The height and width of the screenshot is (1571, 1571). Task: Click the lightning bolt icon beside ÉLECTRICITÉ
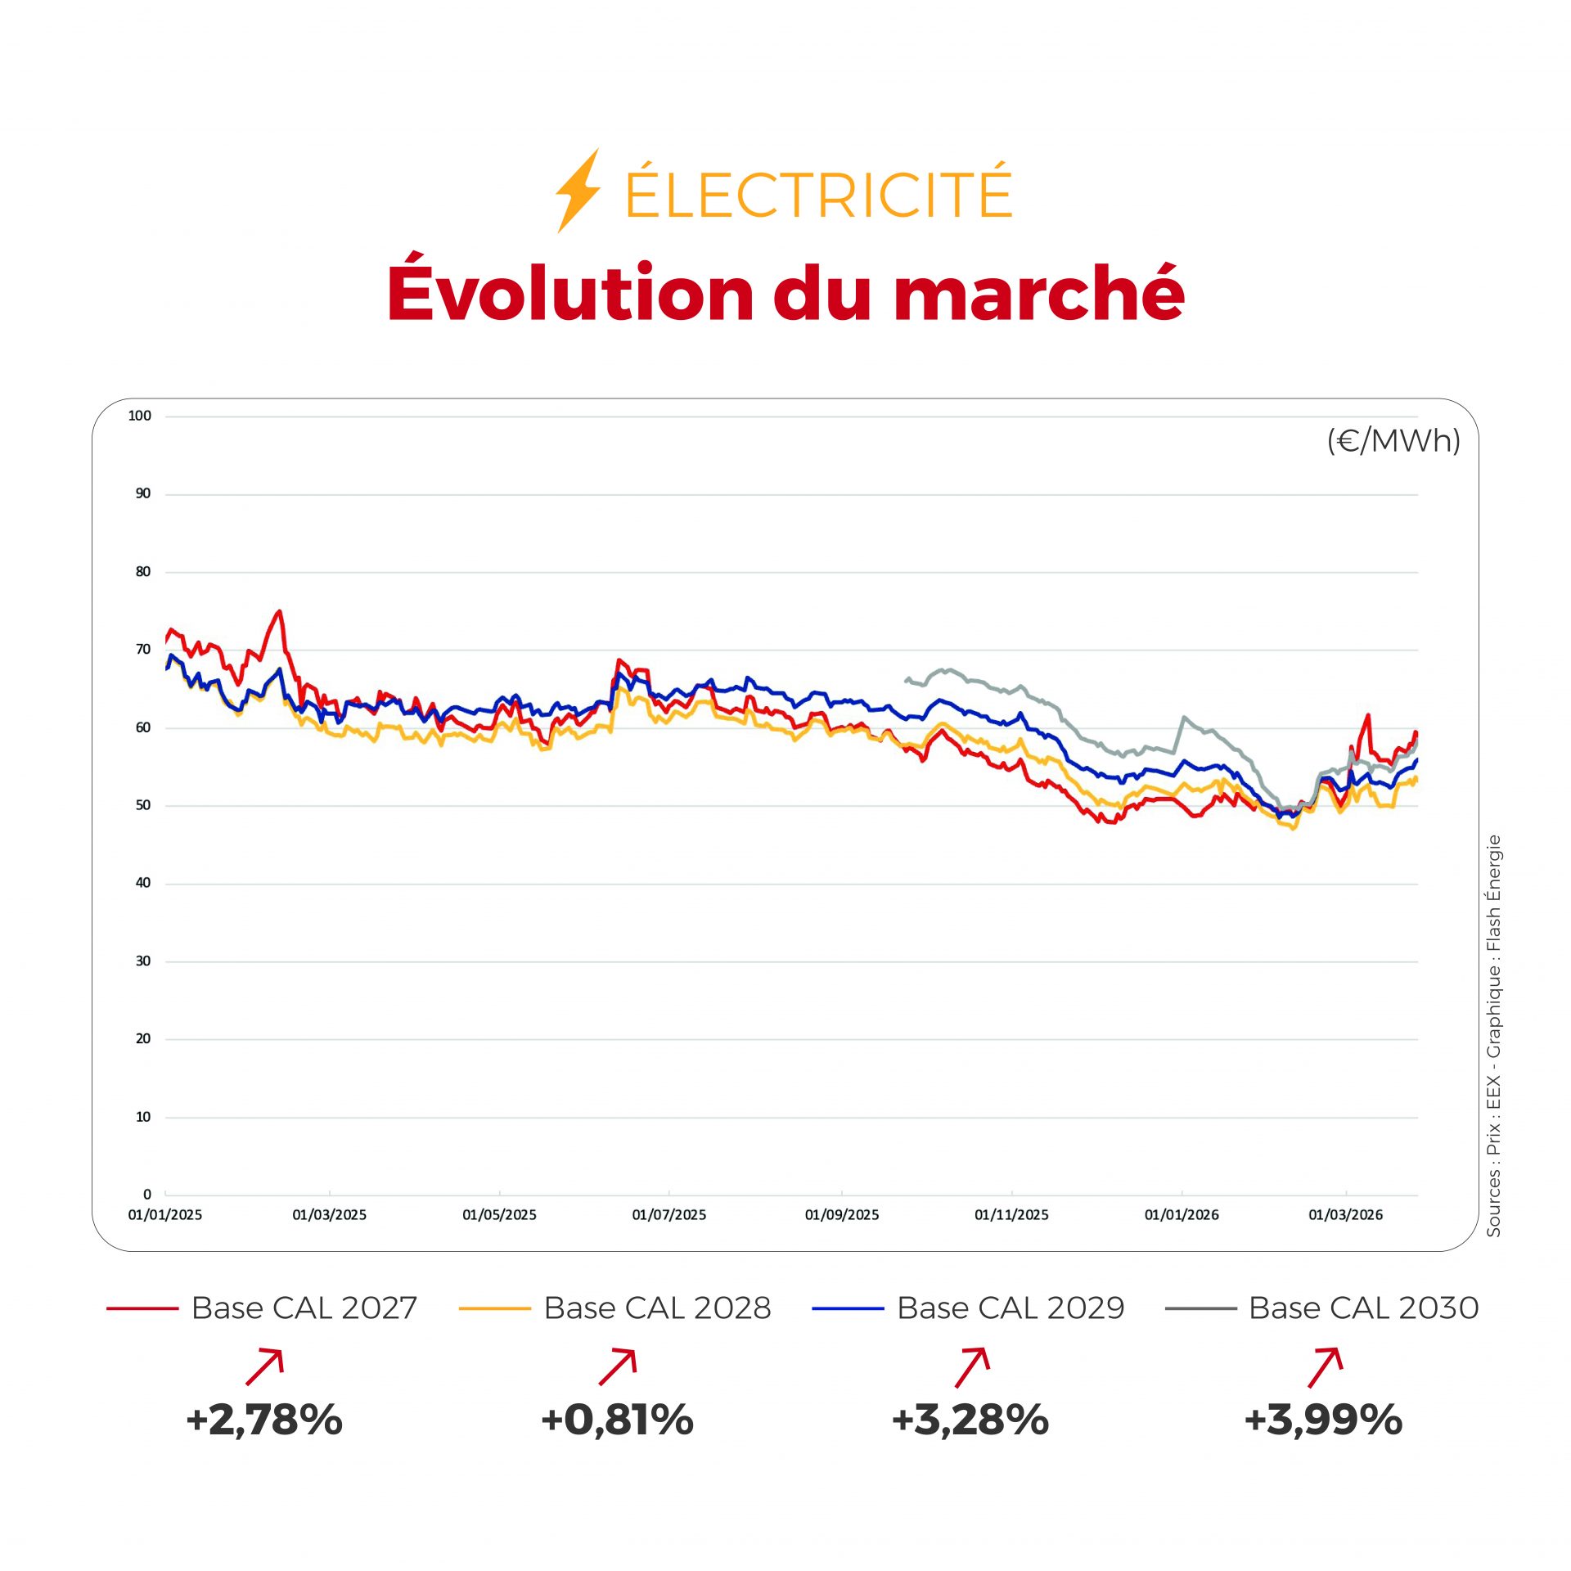coord(578,191)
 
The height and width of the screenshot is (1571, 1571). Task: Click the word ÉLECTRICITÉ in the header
coord(818,193)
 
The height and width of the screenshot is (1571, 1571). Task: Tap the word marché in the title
coord(1039,293)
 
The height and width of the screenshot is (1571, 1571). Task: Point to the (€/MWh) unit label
coord(1393,441)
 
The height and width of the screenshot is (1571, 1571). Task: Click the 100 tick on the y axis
coord(140,416)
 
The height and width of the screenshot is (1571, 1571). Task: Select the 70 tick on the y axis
coord(143,649)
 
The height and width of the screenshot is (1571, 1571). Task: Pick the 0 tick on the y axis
coord(147,1194)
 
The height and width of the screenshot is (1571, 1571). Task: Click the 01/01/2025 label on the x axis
coord(164,1215)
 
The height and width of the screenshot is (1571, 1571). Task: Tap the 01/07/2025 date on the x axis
coord(668,1215)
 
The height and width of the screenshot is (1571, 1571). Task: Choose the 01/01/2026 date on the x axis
coord(1181,1215)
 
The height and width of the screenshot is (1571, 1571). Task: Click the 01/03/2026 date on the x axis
coord(1345,1215)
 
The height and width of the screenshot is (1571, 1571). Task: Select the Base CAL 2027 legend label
coord(304,1308)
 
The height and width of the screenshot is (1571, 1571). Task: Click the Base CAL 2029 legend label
coord(1011,1308)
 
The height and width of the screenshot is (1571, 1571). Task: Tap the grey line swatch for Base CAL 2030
coord(1200,1309)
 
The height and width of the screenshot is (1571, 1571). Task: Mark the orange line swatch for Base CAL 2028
coord(494,1309)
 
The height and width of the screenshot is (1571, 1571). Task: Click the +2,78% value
coord(263,1420)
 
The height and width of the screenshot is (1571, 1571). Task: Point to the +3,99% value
coord(1323,1420)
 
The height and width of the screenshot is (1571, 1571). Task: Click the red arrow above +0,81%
coord(618,1367)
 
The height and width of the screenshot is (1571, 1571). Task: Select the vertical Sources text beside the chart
coord(1494,1035)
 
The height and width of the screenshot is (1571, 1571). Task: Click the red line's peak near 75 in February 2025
coord(280,611)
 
